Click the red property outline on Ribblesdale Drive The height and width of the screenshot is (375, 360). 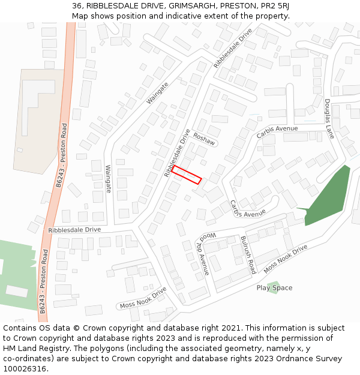point(187,174)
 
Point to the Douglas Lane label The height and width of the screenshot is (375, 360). point(329,119)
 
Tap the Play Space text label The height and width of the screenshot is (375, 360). point(274,288)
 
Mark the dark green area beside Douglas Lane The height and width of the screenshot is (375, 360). point(329,198)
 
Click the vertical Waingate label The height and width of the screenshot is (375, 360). point(109,179)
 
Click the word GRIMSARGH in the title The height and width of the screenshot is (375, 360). point(194,5)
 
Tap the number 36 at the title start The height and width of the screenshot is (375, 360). point(76,5)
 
